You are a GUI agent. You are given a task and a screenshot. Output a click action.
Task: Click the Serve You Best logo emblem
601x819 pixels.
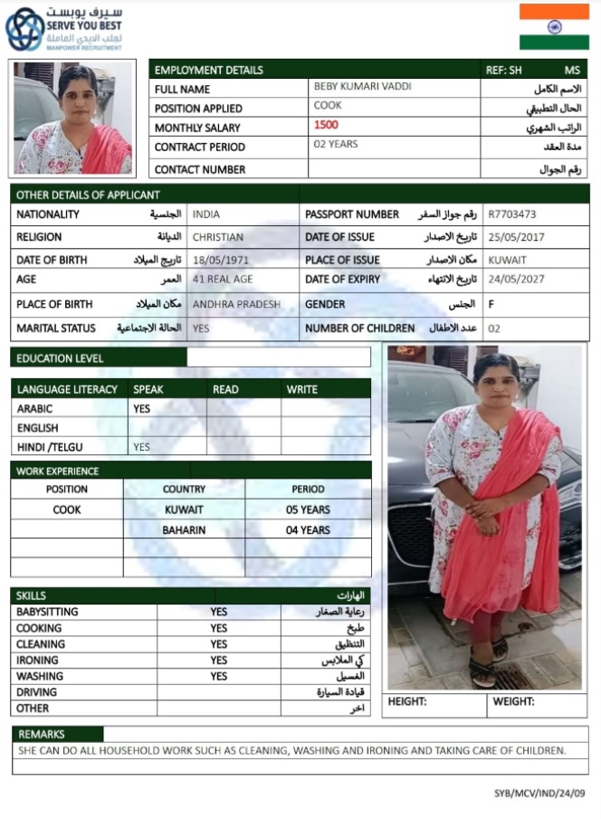pyautogui.click(x=24, y=30)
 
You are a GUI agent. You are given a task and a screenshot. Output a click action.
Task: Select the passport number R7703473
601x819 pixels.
pyautogui.click(x=512, y=214)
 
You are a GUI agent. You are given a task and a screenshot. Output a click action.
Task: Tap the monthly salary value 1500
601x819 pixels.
pyautogui.click(x=327, y=125)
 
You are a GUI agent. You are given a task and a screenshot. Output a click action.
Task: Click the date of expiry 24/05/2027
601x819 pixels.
pyautogui.click(x=515, y=279)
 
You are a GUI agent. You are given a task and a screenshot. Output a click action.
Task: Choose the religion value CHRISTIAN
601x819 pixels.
pyautogui.click(x=218, y=237)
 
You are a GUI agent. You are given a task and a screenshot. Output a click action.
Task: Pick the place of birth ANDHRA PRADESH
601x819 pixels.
pyautogui.click(x=236, y=304)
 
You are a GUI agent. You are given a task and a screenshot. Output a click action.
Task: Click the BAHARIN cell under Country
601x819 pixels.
pyautogui.click(x=184, y=530)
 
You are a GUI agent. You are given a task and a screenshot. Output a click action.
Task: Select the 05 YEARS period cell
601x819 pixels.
pyautogui.click(x=308, y=509)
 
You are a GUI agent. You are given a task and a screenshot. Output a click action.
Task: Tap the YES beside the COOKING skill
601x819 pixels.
pyautogui.click(x=219, y=628)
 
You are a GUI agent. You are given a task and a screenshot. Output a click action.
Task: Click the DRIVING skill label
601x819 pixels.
pyautogui.click(x=36, y=692)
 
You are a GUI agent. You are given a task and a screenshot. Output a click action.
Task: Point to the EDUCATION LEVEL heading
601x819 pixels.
pyautogui.click(x=60, y=357)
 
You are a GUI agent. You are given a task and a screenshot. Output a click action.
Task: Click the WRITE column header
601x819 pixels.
pyautogui.click(x=302, y=389)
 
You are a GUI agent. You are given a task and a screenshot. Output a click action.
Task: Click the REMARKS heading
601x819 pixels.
pyautogui.click(x=42, y=734)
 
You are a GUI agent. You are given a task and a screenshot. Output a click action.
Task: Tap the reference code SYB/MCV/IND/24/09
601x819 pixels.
pyautogui.click(x=539, y=793)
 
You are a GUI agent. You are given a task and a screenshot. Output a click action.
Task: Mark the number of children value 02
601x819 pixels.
pyautogui.click(x=493, y=329)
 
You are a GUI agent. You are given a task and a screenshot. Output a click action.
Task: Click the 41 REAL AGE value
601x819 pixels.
pyautogui.click(x=223, y=279)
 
